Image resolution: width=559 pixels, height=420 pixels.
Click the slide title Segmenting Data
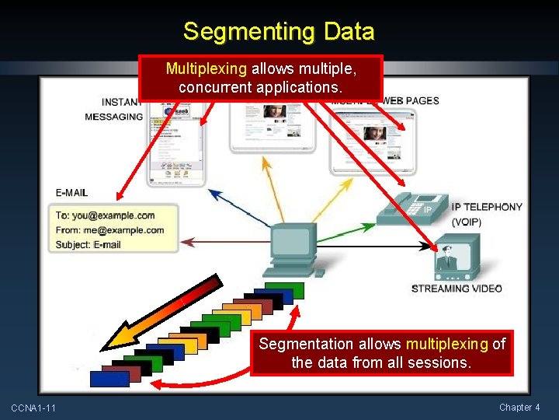279,32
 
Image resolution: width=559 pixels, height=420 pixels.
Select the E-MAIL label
71,192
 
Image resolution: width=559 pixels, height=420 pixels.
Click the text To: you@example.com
105,215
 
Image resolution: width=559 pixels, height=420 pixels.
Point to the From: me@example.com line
109,230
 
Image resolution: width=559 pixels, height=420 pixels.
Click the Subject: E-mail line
89,245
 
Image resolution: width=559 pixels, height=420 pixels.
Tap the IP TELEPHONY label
487,207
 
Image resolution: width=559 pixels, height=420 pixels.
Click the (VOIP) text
467,222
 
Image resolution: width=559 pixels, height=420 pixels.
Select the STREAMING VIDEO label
457,289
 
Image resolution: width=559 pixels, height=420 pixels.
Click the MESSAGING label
113,117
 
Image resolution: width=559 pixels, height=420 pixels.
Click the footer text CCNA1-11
33,408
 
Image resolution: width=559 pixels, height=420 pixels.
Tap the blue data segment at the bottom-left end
109,379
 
